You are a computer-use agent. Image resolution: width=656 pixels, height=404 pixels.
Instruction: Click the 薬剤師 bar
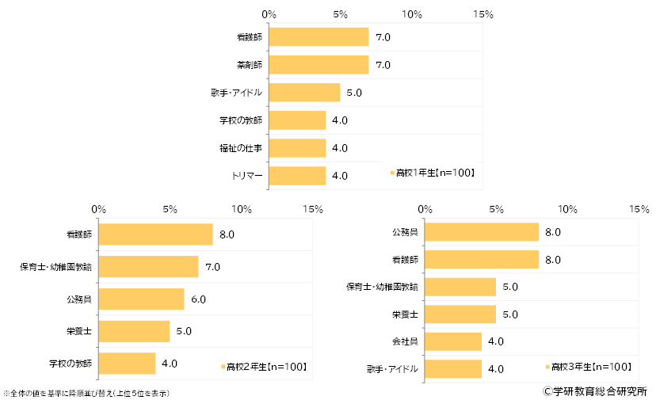318,65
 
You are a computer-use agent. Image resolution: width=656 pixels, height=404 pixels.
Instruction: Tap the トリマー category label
246,175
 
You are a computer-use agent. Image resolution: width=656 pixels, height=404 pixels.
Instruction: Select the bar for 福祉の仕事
297,148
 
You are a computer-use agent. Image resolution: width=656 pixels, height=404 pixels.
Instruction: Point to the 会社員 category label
405,341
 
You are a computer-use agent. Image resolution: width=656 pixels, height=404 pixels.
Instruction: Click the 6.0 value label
198,299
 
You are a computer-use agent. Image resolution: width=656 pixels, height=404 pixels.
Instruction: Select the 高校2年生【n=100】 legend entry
264,366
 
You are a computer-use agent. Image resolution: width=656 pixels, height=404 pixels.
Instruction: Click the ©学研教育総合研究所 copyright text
595,391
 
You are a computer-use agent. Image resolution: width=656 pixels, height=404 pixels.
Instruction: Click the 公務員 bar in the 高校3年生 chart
482,232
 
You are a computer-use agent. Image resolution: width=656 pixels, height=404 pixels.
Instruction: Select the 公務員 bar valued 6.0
141,299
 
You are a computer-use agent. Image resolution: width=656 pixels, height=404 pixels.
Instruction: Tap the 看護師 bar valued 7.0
318,37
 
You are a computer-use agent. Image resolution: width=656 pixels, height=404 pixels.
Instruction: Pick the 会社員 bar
453,341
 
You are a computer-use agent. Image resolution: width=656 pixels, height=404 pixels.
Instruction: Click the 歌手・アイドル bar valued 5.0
304,93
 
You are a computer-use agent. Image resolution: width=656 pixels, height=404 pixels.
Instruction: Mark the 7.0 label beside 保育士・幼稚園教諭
212,267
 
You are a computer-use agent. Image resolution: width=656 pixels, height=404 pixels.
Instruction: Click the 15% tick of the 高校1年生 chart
482,14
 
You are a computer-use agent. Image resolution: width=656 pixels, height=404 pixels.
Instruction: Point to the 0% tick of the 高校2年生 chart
99,209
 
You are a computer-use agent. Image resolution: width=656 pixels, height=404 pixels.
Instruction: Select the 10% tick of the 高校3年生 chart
567,209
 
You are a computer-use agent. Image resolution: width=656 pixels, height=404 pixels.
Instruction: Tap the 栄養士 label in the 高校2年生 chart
78,330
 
